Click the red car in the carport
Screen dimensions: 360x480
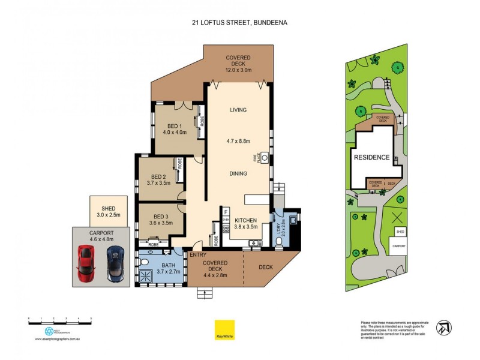point(85,265)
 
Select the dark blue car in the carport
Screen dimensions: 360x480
point(115,265)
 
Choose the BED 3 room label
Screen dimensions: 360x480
point(161,217)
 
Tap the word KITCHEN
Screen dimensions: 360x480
point(245,220)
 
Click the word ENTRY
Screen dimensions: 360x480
point(197,255)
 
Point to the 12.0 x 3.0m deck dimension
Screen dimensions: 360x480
point(238,70)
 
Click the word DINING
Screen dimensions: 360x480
point(238,173)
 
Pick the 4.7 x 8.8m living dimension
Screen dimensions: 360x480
point(238,141)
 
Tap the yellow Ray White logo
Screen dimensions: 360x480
point(224,329)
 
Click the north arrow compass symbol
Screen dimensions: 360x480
point(445,327)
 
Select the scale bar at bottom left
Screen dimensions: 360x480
point(60,323)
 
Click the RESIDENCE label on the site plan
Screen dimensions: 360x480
point(371,158)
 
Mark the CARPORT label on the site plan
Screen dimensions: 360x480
point(399,246)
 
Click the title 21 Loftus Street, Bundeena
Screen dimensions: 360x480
point(239,23)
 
